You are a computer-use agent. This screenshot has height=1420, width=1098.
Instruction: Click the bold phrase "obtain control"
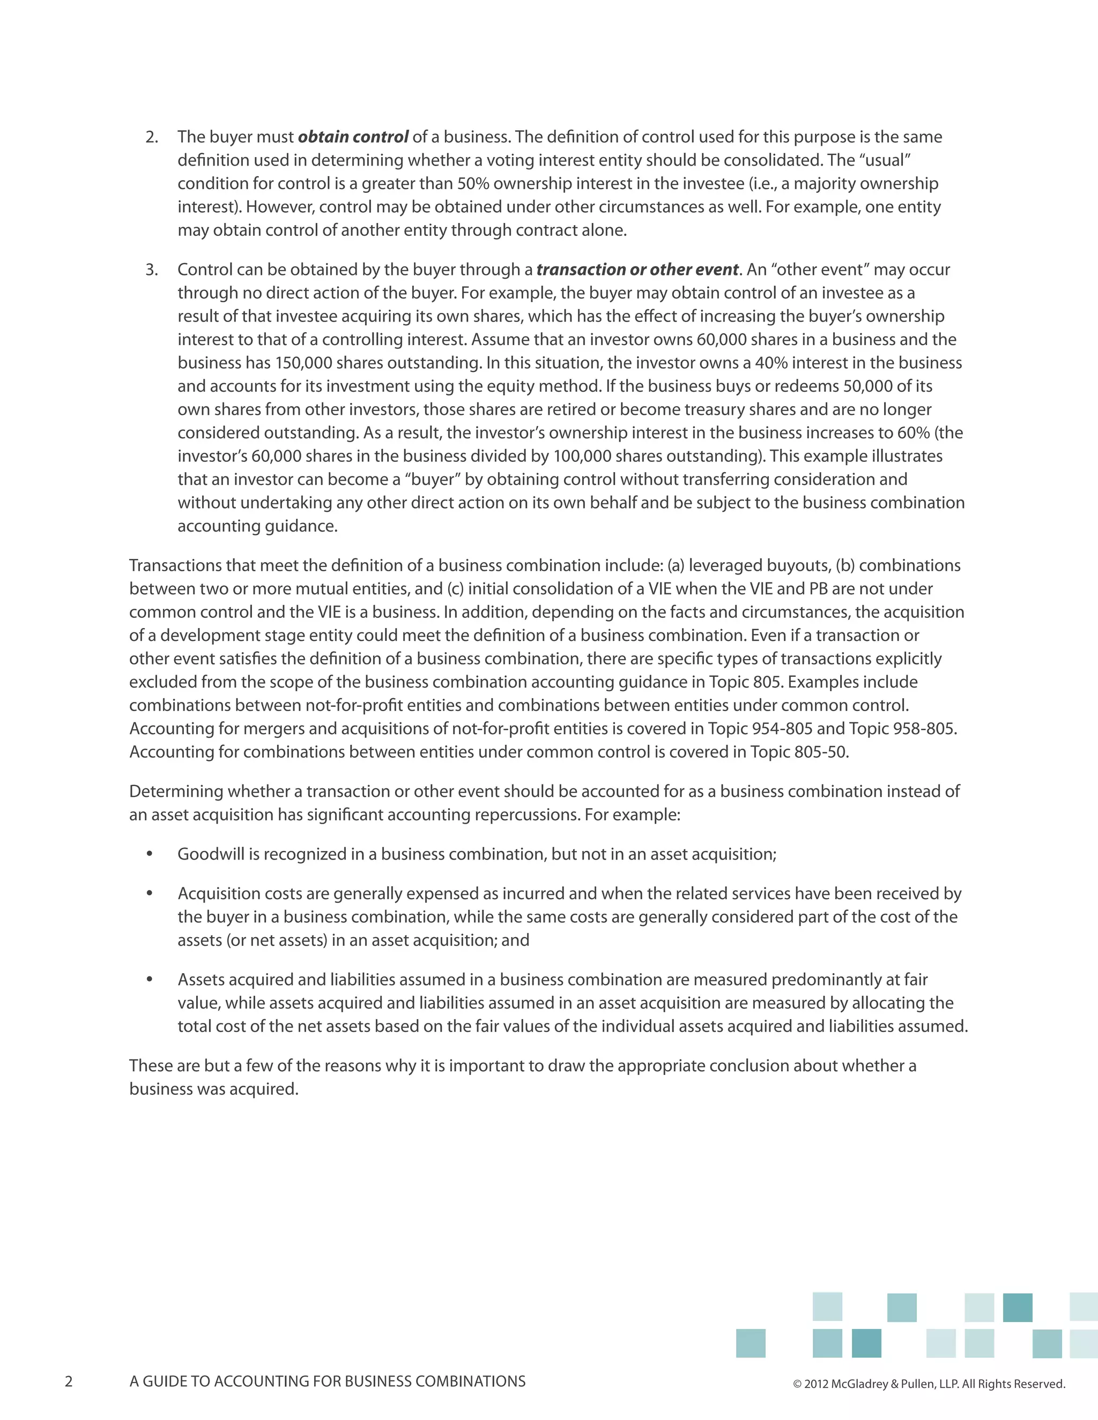353,137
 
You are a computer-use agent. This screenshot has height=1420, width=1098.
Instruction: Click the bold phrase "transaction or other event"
637,270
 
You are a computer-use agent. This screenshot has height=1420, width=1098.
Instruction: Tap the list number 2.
152,137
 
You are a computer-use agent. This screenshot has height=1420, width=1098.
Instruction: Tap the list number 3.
152,270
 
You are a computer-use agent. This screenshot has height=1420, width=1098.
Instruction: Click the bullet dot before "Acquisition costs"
150,893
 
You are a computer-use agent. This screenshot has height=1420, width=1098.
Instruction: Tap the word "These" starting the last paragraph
150,1066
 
